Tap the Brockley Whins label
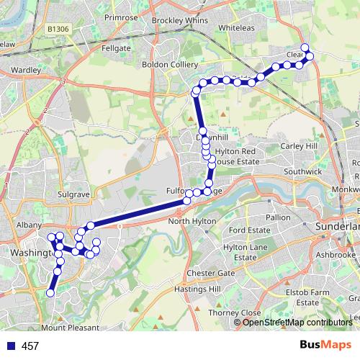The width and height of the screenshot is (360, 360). (x=179, y=21)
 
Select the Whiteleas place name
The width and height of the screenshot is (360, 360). (x=242, y=27)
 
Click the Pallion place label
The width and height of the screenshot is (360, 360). (x=278, y=217)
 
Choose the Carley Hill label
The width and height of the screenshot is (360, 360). (x=299, y=146)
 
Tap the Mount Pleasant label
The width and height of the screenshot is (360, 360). (x=73, y=327)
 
